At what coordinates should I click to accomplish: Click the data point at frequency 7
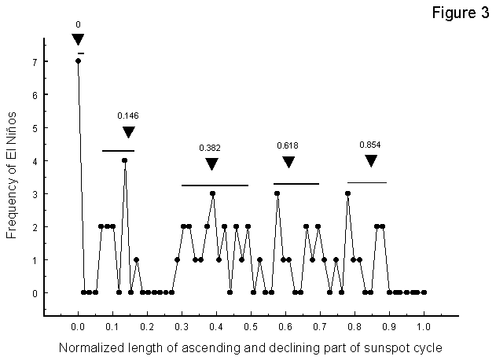[x=78, y=61]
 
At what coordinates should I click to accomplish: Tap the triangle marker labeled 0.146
[x=129, y=132]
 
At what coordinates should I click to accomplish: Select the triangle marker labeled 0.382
[x=211, y=163]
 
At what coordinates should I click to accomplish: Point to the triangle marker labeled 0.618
[x=288, y=162]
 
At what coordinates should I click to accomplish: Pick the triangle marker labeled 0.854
[x=371, y=160]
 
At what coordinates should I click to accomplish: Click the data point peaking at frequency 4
[x=124, y=160]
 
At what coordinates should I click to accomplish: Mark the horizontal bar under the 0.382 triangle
[x=215, y=186]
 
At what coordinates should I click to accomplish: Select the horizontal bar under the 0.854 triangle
[x=367, y=182]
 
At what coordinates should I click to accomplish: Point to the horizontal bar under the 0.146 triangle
[x=118, y=150]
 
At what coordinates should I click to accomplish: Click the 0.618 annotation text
[x=288, y=145]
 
